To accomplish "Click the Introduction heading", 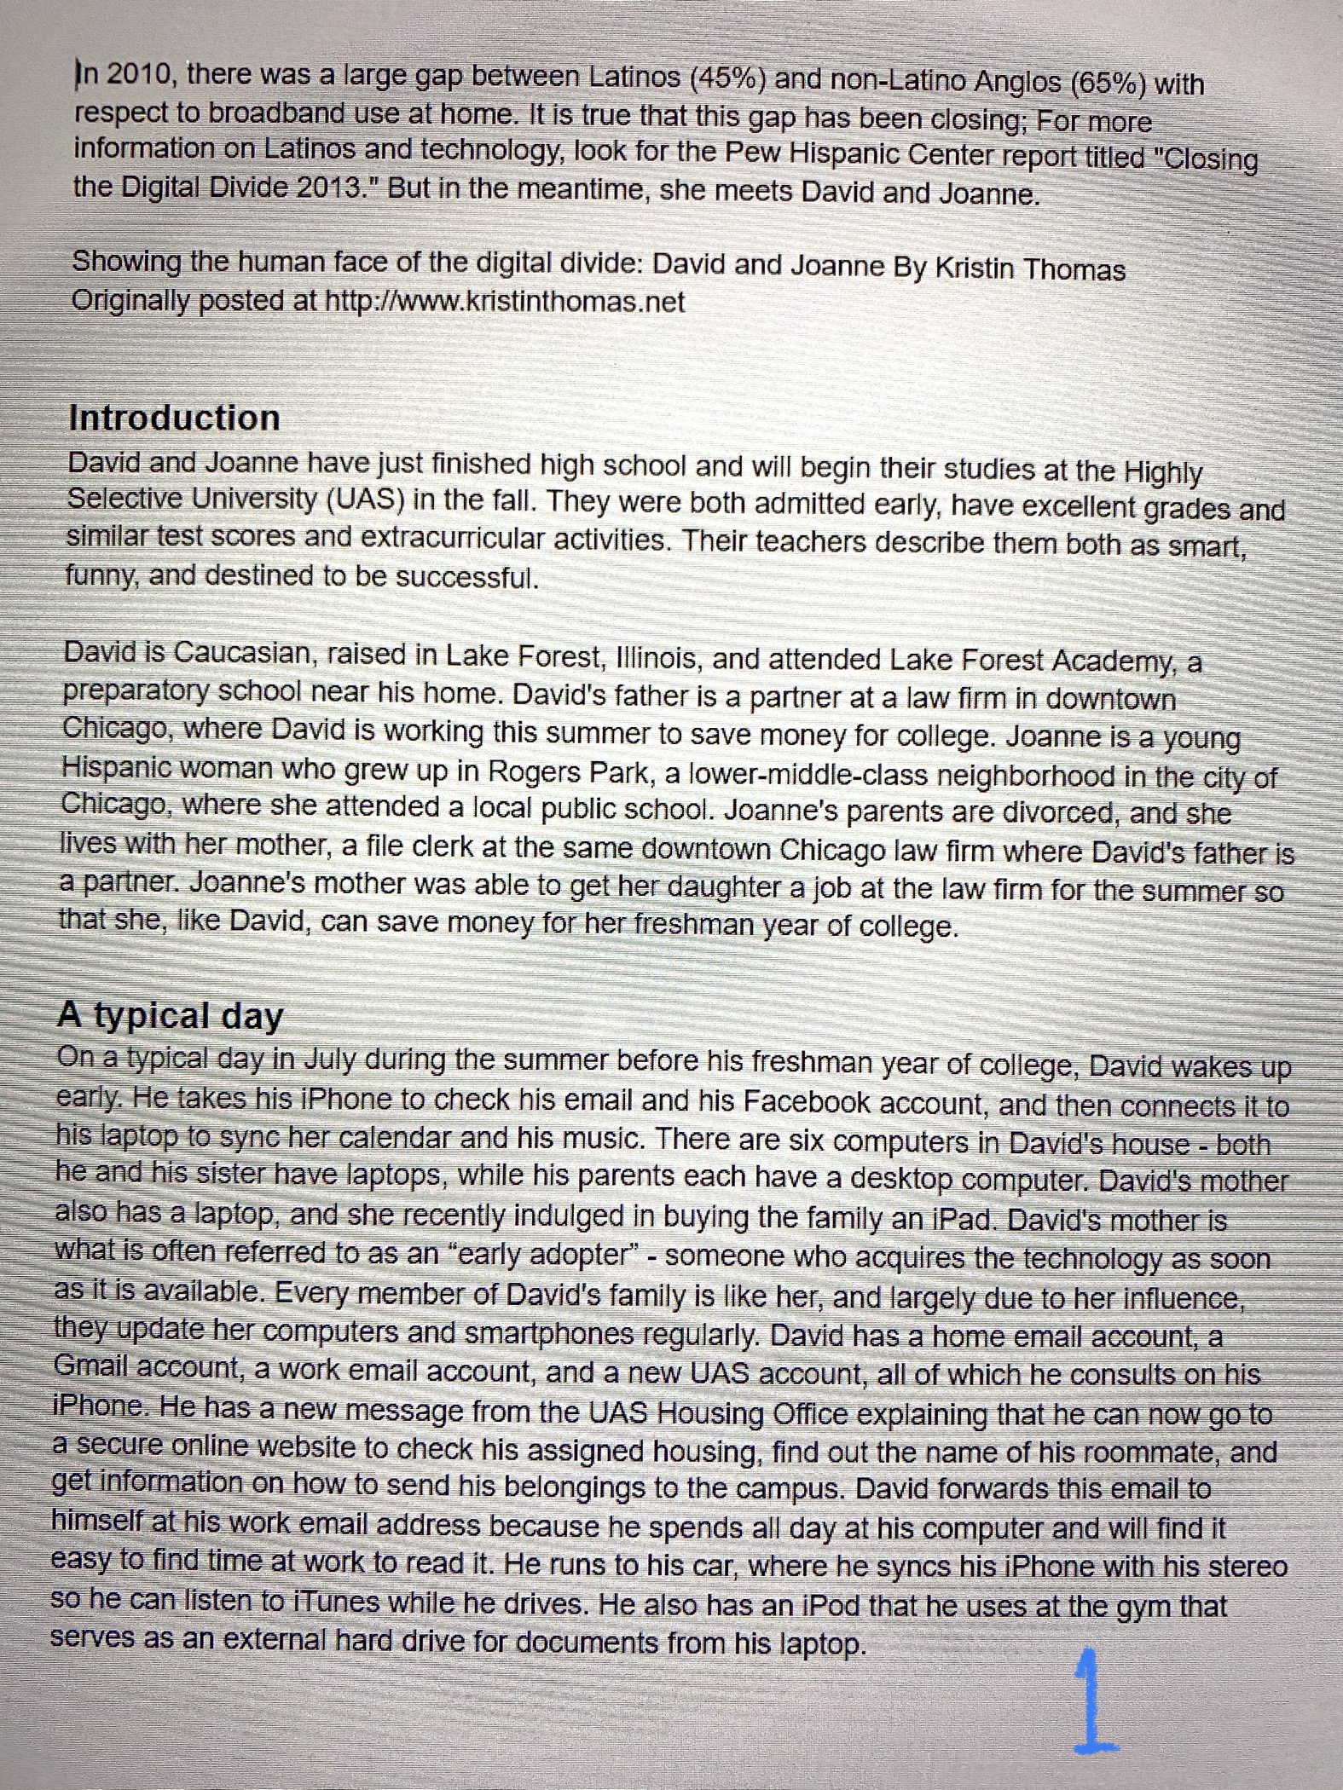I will (x=174, y=419).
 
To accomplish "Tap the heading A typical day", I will (x=170, y=1016).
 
